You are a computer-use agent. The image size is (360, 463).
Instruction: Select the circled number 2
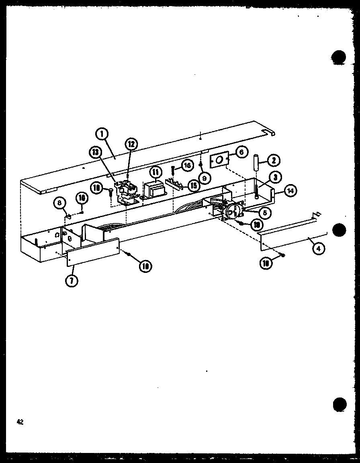[x=273, y=160]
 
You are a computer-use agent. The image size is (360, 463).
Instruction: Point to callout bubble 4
[x=318, y=249]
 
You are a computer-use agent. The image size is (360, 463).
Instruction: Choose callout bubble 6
[x=241, y=152]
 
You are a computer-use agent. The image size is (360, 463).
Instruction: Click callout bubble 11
[x=155, y=172]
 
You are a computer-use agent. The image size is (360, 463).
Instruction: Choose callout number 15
[x=194, y=186]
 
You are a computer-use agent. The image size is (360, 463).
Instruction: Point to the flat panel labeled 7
[x=92, y=252]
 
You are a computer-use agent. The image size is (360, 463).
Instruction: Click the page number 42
[x=20, y=422]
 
